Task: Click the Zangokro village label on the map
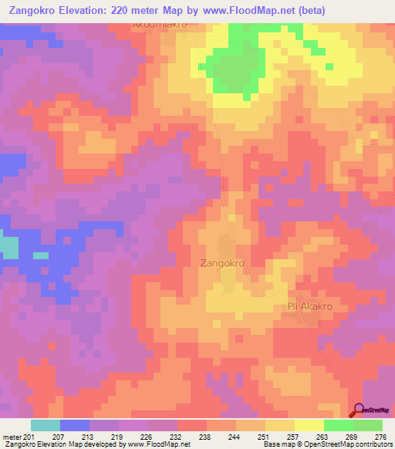pyautogui.click(x=222, y=263)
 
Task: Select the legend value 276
pyautogui.click(x=382, y=437)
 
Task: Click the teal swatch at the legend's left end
pyautogui.click(x=46, y=425)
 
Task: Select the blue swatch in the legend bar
pyautogui.click(x=75, y=425)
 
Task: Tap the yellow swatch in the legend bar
pyautogui.click(x=309, y=425)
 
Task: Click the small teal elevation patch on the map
pyautogui.click(x=8, y=247)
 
